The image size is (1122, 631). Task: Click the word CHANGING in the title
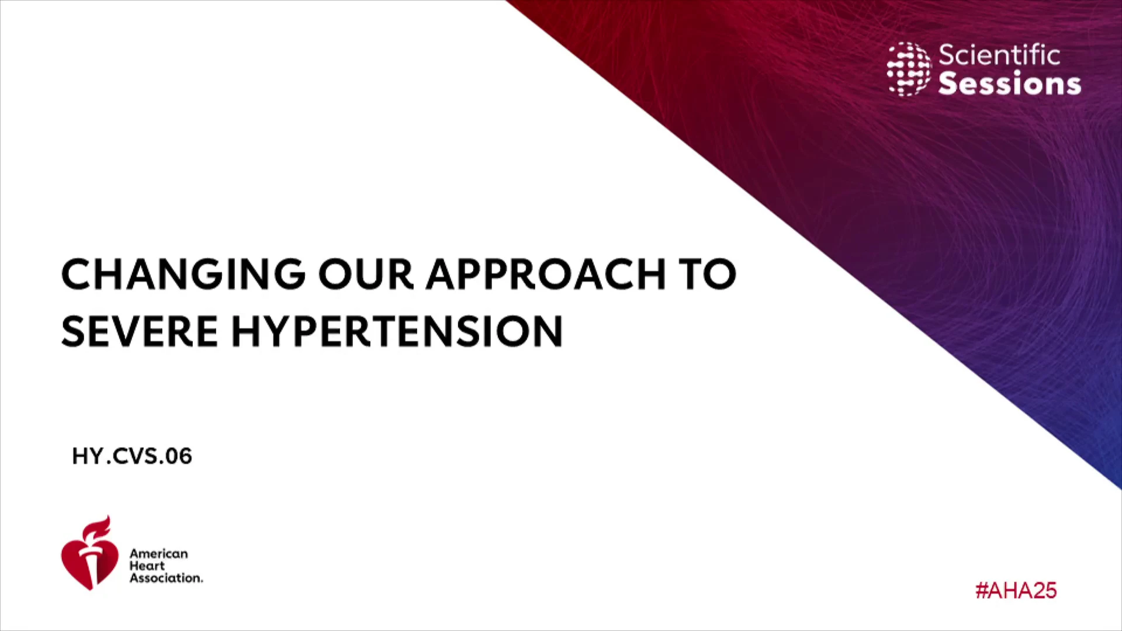pos(183,274)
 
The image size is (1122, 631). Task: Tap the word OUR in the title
pos(366,274)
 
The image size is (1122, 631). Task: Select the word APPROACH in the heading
pos(546,274)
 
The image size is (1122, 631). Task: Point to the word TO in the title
pos(707,274)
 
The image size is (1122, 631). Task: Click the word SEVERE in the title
pos(140,331)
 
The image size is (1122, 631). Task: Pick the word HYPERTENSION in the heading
pos(397,331)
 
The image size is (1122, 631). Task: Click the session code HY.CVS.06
pos(132,456)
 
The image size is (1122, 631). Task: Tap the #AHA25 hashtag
pos(1016,591)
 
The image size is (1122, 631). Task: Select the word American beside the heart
pos(159,553)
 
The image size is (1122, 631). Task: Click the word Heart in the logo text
pos(147,566)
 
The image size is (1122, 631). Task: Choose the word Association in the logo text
pos(166,578)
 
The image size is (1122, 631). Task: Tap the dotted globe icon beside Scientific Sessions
pos(909,69)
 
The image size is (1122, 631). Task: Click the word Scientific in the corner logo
pos(999,55)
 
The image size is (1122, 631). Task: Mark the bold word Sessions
pos(1010,83)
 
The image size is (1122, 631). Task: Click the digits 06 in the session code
pos(179,456)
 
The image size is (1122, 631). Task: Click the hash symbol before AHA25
pos(981,591)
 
